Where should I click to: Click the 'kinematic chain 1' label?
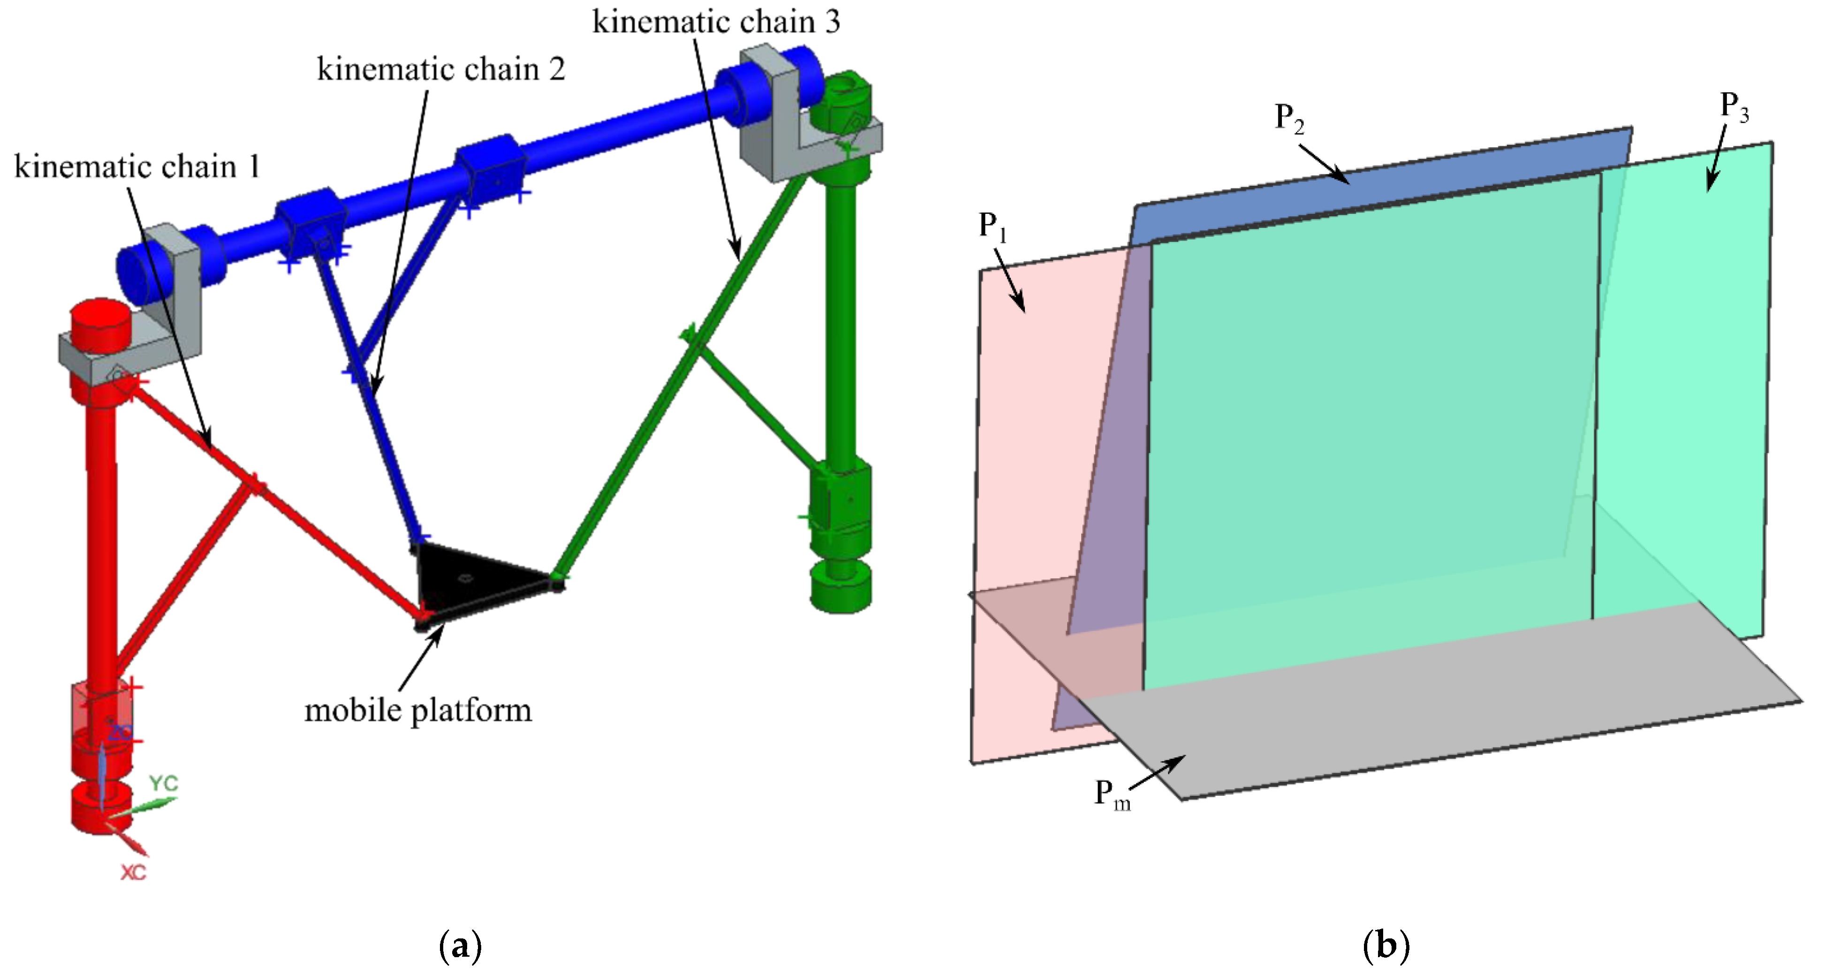click(x=137, y=167)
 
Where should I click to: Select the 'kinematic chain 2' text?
click(x=441, y=69)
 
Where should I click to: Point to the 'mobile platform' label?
click(x=418, y=710)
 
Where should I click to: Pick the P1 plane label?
click(x=992, y=225)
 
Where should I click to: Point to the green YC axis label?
click(x=164, y=783)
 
